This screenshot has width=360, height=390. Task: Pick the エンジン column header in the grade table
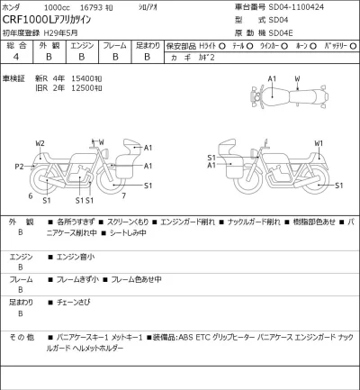[x=82, y=44]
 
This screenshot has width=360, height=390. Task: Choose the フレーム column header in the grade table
[x=114, y=44]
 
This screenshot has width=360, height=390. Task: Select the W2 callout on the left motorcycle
[x=40, y=143]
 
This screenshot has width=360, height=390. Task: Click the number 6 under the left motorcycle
[x=31, y=195]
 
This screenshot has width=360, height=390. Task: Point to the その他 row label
[x=21, y=337]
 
